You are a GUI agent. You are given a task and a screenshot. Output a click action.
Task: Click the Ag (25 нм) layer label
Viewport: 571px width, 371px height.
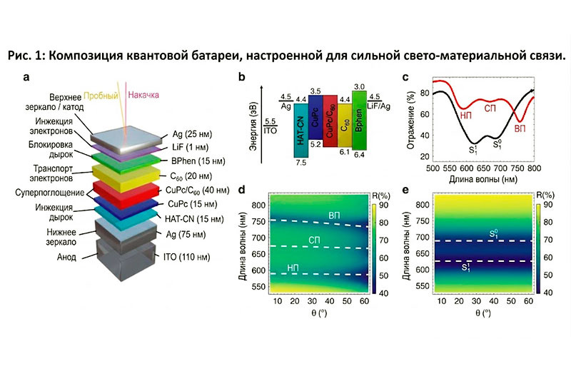pos(192,134)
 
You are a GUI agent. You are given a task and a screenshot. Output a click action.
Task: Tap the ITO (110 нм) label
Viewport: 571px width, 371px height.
pos(186,257)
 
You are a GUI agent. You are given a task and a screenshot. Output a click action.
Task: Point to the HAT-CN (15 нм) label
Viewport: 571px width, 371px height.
pos(194,219)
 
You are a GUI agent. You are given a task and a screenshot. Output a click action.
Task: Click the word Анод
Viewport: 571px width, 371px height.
pos(66,257)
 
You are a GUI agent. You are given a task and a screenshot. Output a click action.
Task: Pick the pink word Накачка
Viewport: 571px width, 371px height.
pos(143,95)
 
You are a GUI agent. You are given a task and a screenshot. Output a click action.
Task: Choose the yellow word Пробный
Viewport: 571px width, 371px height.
pos(101,96)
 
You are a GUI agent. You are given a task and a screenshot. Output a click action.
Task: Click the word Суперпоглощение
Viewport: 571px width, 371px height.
pos(49,193)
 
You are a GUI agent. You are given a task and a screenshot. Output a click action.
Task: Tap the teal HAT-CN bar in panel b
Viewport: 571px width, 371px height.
pos(300,131)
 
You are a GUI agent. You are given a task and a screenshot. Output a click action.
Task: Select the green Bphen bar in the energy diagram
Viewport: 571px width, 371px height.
pos(359,121)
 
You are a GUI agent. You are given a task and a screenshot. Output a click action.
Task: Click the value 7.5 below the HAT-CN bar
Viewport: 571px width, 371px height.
pos(301,163)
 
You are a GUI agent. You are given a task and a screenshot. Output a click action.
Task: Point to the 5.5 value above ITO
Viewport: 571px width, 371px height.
pos(271,121)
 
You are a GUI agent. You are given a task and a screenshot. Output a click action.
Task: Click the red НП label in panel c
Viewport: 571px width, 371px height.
pos(466,116)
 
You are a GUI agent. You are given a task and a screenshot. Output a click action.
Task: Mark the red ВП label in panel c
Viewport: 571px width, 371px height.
pos(520,129)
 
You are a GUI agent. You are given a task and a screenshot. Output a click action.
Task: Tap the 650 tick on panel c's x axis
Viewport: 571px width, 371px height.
pos(483,168)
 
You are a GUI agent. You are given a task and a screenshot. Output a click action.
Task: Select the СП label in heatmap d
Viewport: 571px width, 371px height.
pos(314,240)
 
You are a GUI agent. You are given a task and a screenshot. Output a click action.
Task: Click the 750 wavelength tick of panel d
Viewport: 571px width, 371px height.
pos(258,221)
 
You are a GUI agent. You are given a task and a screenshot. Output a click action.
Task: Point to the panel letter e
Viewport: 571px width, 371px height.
pos(405,190)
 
